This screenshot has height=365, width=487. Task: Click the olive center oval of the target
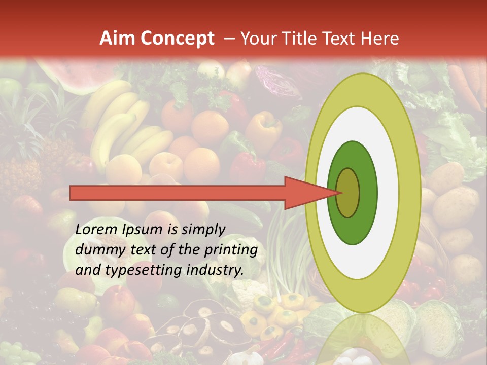coord(349,193)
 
